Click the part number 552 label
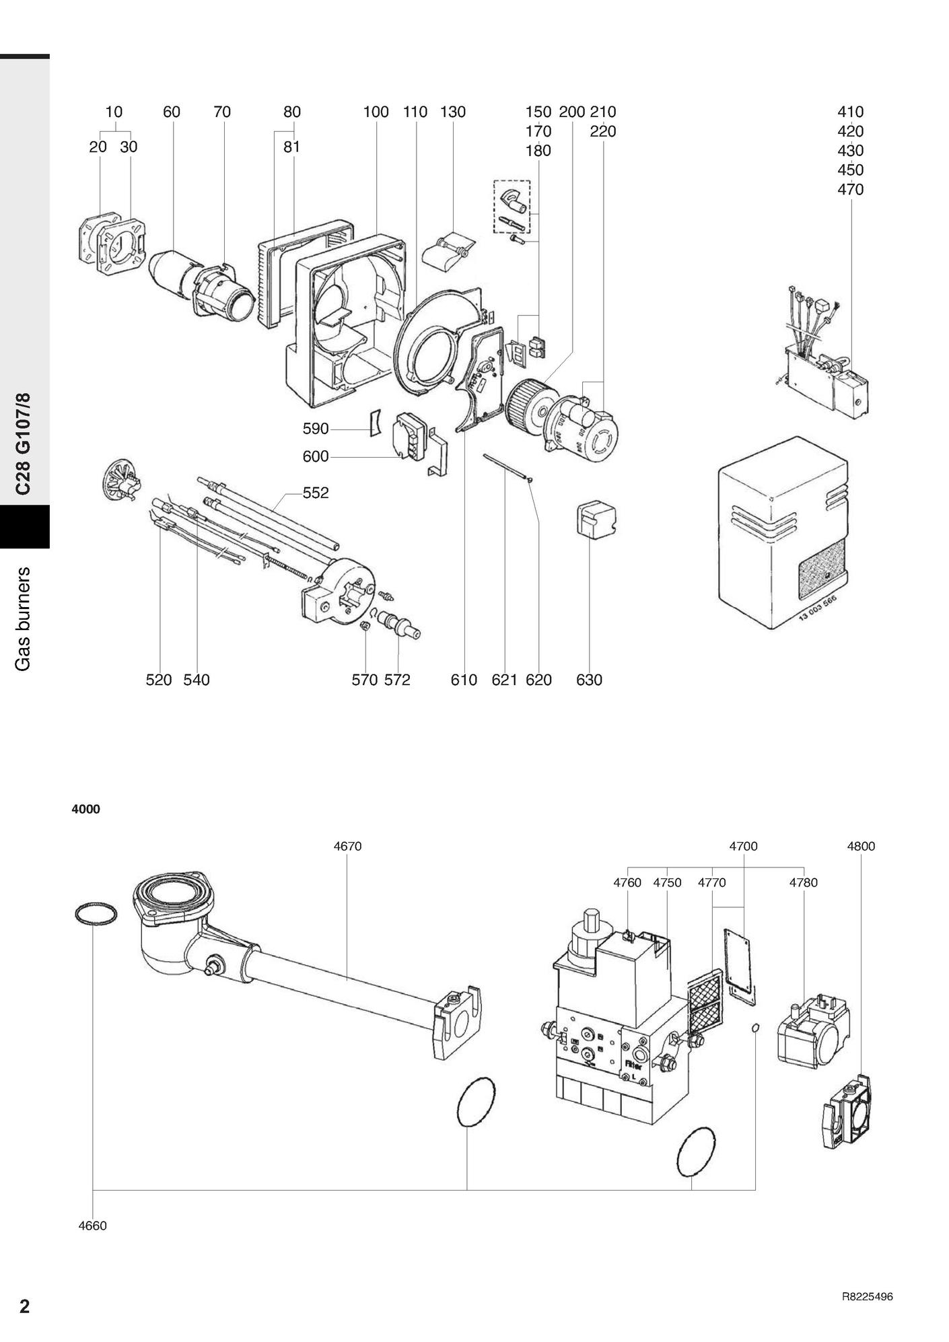click(x=316, y=493)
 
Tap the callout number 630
click(x=589, y=680)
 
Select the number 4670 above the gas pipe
click(x=347, y=846)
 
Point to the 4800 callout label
click(x=861, y=846)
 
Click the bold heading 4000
click(x=86, y=810)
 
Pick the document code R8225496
click(x=867, y=1297)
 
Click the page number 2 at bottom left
click(x=25, y=1306)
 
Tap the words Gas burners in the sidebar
click(x=24, y=619)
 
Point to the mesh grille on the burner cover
click(x=821, y=569)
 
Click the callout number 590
click(x=315, y=429)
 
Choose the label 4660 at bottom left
click(x=92, y=1226)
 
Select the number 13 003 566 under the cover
click(x=817, y=610)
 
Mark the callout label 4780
click(x=803, y=882)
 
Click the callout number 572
click(x=397, y=680)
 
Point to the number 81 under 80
click(x=291, y=147)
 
